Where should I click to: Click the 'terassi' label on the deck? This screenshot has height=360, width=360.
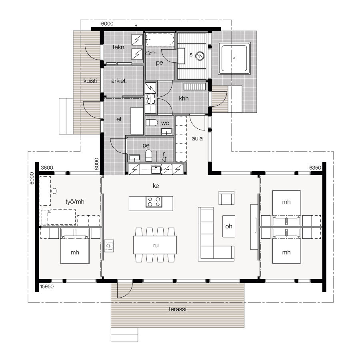point(177,310)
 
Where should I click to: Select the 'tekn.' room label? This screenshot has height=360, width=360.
point(119,47)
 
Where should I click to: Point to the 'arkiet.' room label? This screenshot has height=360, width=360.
point(119,81)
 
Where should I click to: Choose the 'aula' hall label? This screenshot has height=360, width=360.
point(198,139)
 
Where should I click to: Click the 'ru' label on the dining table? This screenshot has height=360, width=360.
point(156,245)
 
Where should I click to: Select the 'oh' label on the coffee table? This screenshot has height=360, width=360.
point(228,226)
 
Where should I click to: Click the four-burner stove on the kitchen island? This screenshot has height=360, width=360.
point(154,202)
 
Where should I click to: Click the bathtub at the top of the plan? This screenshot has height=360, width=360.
point(160,40)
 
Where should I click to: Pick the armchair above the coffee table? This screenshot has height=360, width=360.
point(226,198)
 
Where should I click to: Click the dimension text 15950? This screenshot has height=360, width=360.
point(47,286)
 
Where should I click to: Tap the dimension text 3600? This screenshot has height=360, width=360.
point(47,168)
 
